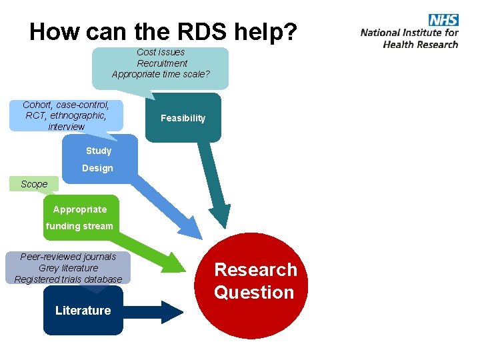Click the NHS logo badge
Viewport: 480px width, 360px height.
443,19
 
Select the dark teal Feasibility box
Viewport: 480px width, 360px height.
183,118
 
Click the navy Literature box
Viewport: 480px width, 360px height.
83,311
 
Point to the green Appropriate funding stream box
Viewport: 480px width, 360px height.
80,217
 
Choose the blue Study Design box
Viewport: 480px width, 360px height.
99,159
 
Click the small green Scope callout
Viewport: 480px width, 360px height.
34,184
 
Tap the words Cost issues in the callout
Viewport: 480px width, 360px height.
161,52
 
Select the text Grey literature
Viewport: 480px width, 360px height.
69,268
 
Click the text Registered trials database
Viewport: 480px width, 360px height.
69,279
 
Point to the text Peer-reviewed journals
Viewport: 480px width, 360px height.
69,257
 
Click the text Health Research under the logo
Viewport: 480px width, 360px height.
421,45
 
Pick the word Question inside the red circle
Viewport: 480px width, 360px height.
254,293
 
